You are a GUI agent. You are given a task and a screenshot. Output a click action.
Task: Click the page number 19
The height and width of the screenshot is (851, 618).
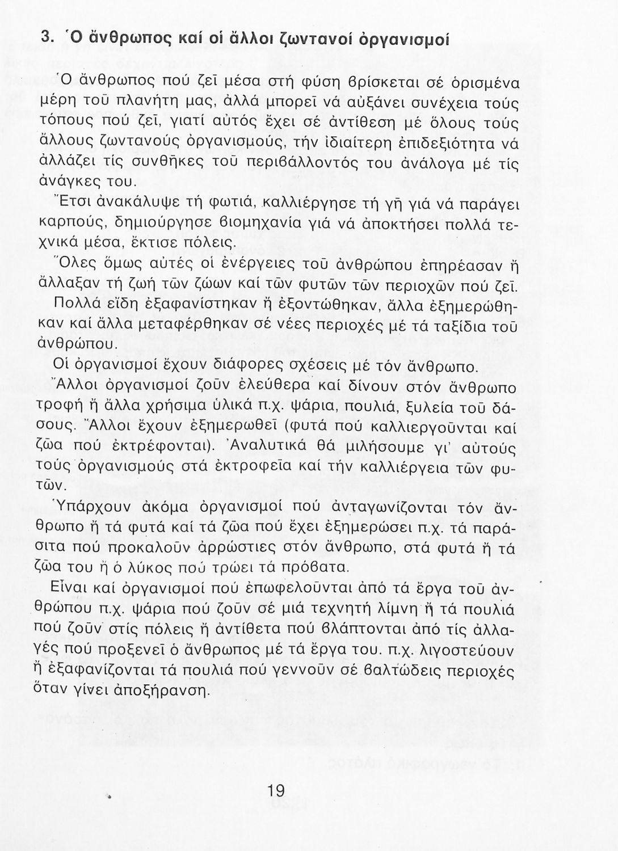coord(275,790)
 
